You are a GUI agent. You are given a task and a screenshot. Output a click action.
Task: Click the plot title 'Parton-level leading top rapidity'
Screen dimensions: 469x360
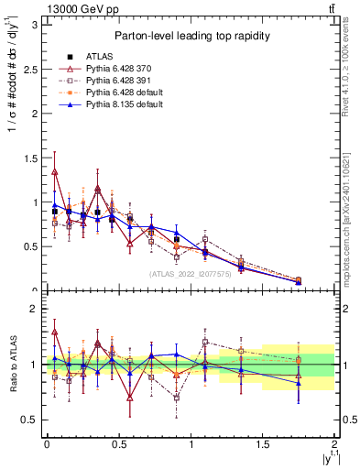[x=191, y=36]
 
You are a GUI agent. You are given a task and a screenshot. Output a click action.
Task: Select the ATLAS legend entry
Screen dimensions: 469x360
[x=101, y=55]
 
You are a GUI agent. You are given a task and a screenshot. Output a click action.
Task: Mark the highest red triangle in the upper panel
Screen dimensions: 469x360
[x=55, y=171]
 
